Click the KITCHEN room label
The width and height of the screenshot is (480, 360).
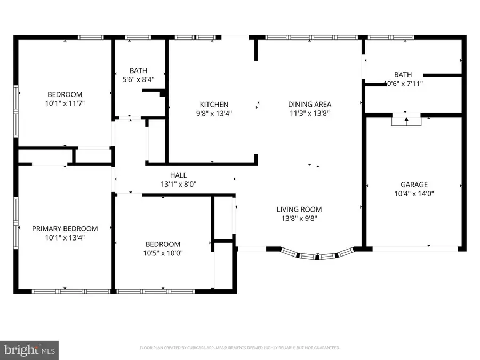pos(214,105)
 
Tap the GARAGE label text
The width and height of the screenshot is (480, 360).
pos(414,185)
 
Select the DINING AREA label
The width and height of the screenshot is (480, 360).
pos(309,105)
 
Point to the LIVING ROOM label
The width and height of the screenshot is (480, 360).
pos(299,210)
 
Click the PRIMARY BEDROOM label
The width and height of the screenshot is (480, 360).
pos(65,229)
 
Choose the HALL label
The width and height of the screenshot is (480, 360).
pos(178,175)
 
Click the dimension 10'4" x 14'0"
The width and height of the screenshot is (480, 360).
pos(414,194)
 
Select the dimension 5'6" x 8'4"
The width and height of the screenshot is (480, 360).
pos(138,79)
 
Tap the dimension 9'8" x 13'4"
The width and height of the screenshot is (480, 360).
pos(214,114)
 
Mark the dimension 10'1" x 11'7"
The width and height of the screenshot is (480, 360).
pos(65,103)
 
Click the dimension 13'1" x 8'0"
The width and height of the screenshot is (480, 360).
pos(178,184)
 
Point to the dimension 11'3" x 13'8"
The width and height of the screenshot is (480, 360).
pos(309,114)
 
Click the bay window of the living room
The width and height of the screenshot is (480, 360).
pos(317,254)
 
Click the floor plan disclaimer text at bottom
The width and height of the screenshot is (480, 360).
pos(240,348)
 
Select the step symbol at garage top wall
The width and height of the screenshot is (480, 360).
pos(406,121)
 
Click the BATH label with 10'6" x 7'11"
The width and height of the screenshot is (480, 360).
pos(403,74)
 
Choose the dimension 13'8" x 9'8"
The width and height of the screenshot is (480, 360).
pos(299,219)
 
